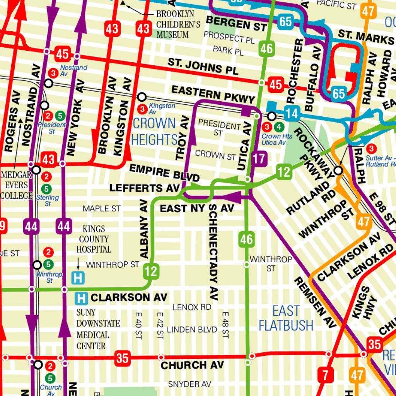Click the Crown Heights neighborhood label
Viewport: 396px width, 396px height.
pos(154,131)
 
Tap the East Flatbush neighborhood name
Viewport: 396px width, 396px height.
pos(286,318)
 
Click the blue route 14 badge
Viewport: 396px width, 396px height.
pos(293,114)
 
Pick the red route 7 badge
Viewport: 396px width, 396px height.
pos(325,375)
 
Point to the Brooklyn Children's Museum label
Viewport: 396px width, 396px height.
pos(178,24)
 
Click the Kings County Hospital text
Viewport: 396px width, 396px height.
pos(94,239)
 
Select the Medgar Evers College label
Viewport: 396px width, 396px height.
pos(16,185)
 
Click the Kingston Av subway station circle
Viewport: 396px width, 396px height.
pos(142,97)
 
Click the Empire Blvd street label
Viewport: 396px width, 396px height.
pos(164,172)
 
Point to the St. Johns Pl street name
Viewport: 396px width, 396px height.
pos(203,67)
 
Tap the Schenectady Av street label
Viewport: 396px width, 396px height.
pos(213,252)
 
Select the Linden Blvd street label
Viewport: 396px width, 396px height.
pos(192,329)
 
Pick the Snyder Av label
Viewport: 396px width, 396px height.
pos(189,384)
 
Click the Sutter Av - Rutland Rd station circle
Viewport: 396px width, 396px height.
pos(338,170)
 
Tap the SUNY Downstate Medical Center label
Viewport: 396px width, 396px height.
pos(98,329)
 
